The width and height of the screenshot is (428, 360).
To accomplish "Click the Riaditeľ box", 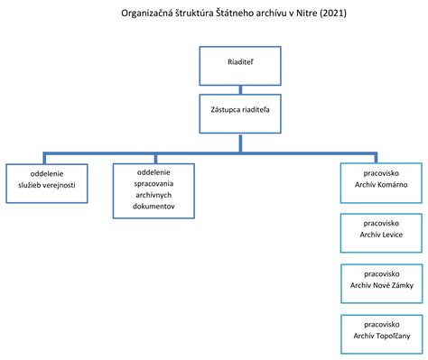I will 240,66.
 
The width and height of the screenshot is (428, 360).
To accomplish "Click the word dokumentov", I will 153,207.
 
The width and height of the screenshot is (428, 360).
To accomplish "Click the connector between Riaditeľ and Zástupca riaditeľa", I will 240,88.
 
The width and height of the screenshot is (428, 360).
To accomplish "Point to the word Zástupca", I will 224,111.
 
